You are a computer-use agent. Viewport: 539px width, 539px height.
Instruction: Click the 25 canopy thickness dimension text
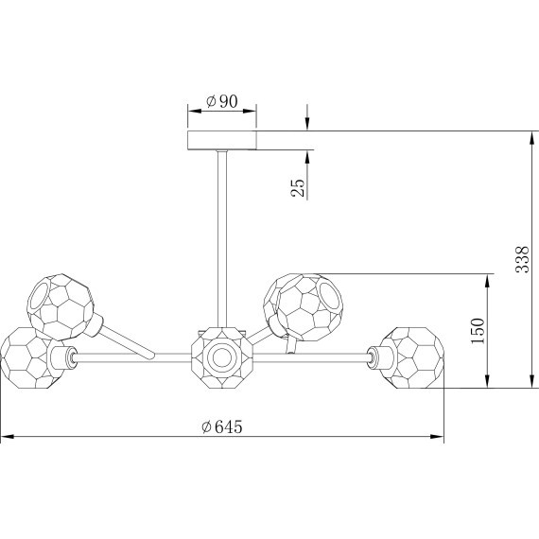[298, 187]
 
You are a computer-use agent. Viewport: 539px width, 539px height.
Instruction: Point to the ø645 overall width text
[222, 426]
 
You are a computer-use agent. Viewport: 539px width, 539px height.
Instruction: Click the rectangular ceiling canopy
[222, 140]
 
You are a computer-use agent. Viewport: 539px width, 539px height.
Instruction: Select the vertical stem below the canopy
[222, 236]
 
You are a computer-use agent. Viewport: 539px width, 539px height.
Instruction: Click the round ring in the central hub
[222, 357]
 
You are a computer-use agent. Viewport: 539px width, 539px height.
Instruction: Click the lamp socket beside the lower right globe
[377, 356]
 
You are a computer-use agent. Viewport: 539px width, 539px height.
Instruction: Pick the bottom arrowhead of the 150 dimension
[488, 383]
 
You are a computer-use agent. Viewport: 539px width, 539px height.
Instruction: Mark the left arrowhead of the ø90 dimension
[190, 113]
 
